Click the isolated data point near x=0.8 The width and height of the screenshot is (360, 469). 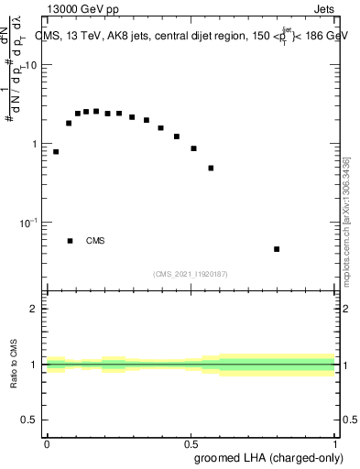(x=277, y=249)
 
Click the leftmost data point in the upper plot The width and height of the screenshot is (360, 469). (x=56, y=152)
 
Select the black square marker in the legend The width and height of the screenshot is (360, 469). (x=70, y=241)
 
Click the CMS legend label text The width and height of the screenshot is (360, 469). (x=95, y=242)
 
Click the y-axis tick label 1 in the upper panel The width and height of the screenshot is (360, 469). (x=35, y=145)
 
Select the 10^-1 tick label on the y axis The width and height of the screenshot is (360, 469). (x=29, y=223)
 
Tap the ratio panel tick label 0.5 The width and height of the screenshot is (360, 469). (x=29, y=420)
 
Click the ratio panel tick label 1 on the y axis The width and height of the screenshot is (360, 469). (x=35, y=365)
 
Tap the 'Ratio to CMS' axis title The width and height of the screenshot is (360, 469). (x=14, y=365)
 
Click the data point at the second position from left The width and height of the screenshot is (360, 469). (x=69, y=123)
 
